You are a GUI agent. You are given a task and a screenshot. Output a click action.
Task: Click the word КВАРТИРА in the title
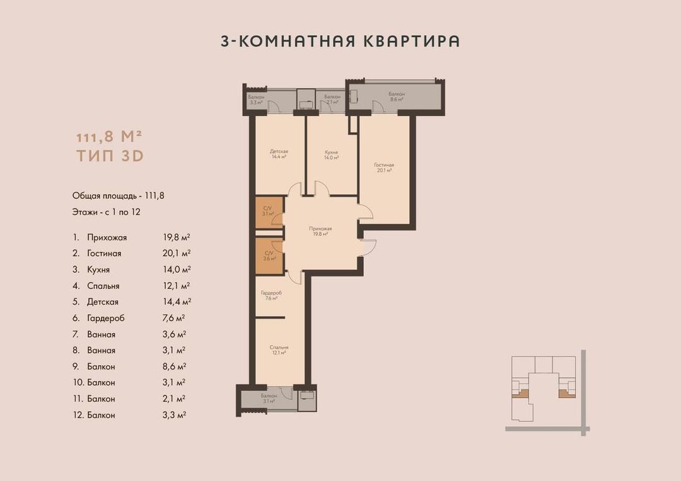[x=411, y=41]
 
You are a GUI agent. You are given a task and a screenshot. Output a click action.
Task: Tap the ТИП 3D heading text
[x=110, y=156]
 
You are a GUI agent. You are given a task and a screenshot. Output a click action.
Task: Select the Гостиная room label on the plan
[x=384, y=165]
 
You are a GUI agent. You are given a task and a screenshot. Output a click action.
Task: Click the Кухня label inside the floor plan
[x=332, y=152]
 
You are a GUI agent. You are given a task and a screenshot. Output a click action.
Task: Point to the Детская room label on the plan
[x=279, y=151]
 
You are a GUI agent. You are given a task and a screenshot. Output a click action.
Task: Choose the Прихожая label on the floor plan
[x=320, y=229]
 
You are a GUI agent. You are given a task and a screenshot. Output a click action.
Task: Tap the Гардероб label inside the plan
[x=271, y=293]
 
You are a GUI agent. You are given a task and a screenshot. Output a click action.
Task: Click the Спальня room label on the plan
[x=279, y=348]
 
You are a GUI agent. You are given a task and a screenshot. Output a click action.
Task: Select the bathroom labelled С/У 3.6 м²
[x=269, y=256]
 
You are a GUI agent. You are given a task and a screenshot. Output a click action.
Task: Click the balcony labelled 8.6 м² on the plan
[x=397, y=97]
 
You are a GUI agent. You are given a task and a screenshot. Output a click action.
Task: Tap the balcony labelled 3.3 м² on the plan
[x=256, y=99]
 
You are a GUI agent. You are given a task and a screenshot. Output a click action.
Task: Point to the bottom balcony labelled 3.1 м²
[x=269, y=399]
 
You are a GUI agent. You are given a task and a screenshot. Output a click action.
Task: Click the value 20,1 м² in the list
[x=177, y=253]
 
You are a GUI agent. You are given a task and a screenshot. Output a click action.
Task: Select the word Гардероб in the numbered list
[x=105, y=319]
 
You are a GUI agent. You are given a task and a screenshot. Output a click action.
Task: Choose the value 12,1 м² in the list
[x=177, y=286]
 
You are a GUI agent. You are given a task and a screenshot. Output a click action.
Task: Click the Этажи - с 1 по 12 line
[x=107, y=212]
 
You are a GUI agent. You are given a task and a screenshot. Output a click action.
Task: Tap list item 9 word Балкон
[x=101, y=366]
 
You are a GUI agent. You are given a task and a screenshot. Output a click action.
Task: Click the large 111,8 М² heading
[x=110, y=136]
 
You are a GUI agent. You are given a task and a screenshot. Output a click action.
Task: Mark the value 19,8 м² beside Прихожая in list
[x=177, y=237]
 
